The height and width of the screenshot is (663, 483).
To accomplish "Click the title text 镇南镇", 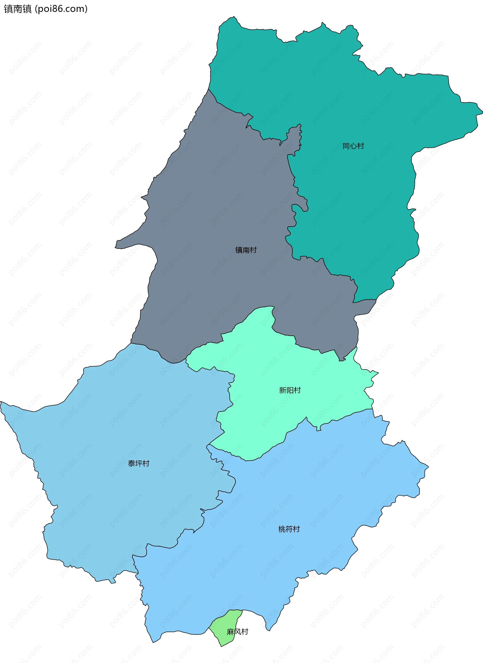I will [x=18, y=9].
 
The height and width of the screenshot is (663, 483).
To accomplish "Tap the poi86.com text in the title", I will [x=61, y=9].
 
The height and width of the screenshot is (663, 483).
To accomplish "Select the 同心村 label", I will [x=353, y=146].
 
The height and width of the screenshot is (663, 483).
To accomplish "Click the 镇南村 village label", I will [x=246, y=250].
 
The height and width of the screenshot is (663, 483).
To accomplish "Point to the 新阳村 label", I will [x=290, y=390].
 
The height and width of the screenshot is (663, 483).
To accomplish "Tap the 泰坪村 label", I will [x=139, y=463].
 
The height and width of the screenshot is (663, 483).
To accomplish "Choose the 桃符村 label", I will [x=289, y=529].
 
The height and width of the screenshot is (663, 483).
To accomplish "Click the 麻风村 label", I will [x=237, y=632].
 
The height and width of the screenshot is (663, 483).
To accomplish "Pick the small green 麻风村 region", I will [x=227, y=623].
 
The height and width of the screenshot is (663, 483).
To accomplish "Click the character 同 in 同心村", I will [x=346, y=146].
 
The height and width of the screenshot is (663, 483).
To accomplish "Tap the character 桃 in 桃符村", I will [x=282, y=529].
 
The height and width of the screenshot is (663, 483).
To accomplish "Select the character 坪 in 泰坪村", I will [x=139, y=463].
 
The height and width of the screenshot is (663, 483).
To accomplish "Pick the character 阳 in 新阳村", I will [x=290, y=390].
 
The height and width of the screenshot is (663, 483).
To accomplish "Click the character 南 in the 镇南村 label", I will [x=246, y=250].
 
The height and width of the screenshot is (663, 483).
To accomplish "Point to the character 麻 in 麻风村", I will [x=230, y=632].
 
